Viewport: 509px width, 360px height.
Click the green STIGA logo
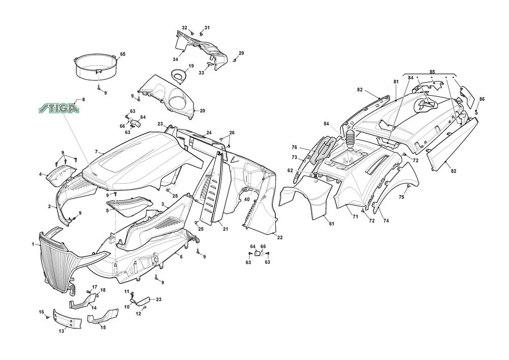pos(60,108)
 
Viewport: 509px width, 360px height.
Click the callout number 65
pos(123,54)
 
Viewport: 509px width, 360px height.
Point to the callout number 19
pos(191,66)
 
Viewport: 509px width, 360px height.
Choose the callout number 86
pos(482,99)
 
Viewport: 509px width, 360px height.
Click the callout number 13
pos(62,331)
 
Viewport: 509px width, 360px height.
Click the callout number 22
pos(280,237)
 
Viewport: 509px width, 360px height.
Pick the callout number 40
pos(246,199)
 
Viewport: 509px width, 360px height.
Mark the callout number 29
pos(241,53)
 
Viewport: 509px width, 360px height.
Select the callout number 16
pos(42,312)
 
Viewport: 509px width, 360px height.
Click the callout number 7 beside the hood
pos(96,152)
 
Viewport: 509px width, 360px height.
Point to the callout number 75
pos(401,197)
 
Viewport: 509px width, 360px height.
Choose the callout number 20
pos(203,110)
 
